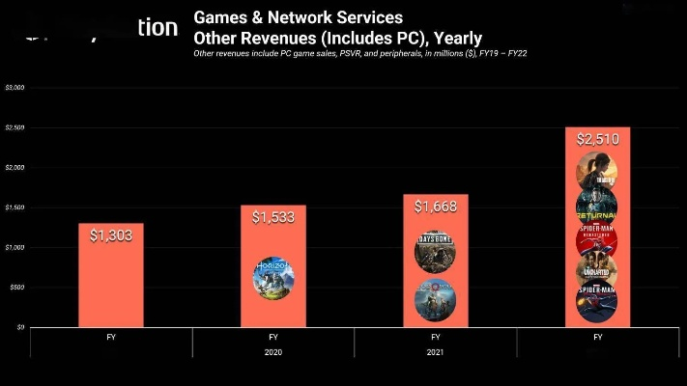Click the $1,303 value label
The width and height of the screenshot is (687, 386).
click(x=110, y=235)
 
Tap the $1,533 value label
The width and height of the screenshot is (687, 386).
click(x=272, y=218)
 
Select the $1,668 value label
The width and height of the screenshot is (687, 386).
click(x=435, y=207)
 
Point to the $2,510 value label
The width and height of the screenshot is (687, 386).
click(x=597, y=139)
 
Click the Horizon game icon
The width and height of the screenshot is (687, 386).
click(x=272, y=277)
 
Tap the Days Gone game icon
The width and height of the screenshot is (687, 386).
click(x=435, y=252)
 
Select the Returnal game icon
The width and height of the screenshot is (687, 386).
click(x=597, y=205)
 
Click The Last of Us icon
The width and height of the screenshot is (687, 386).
click(x=597, y=172)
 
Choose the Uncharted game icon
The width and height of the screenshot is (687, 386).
click(x=597, y=270)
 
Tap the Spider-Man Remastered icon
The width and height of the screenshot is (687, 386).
click(x=597, y=237)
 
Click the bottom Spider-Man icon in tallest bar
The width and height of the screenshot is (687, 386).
click(x=597, y=301)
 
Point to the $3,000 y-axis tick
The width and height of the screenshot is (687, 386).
click(x=15, y=88)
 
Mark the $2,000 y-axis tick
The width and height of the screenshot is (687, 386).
click(x=15, y=168)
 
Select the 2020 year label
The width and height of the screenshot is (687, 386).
click(x=272, y=352)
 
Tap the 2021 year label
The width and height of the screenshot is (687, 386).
click(x=435, y=352)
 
